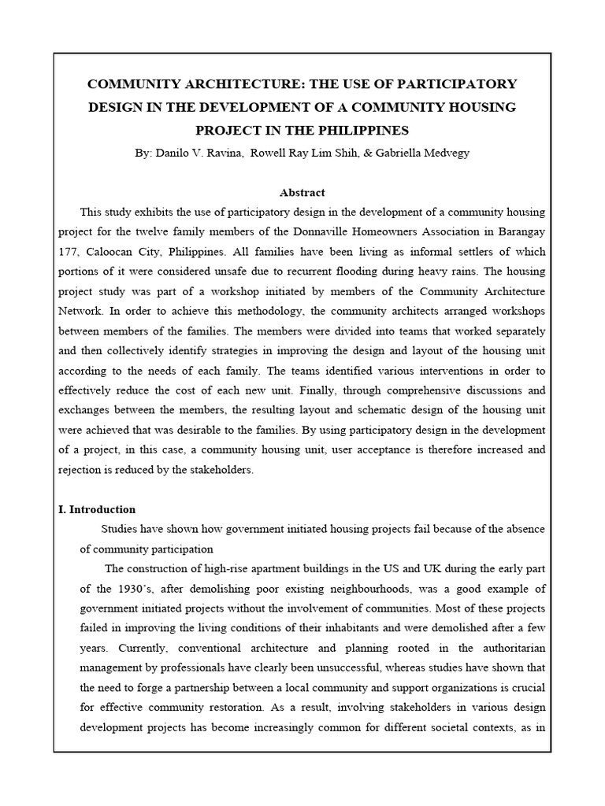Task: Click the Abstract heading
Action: point(302,192)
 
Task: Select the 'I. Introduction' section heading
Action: point(98,509)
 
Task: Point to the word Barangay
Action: point(519,233)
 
